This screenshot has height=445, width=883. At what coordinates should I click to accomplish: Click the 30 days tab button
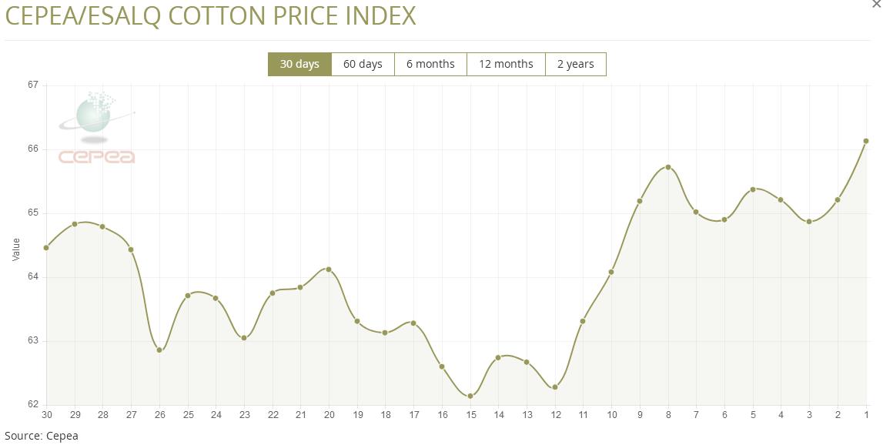299,64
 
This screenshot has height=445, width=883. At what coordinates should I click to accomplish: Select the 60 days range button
363,64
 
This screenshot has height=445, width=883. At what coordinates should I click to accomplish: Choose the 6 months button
430,64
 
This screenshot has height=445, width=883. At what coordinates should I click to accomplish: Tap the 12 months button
506,64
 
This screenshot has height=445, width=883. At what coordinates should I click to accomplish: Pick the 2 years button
576,64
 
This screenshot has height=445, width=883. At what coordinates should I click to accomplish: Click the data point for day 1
866,141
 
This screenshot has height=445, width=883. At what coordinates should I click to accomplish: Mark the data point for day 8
668,167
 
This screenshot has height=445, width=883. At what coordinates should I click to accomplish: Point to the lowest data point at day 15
470,396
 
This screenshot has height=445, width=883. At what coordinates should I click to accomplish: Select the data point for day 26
159,350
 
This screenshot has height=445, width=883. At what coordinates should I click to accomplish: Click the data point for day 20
329,269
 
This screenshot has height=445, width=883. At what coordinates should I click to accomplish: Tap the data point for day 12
555,387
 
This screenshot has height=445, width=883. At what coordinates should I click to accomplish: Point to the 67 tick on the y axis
33,85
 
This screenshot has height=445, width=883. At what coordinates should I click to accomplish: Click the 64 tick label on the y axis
33,276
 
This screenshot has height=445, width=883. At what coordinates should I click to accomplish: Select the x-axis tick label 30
46,415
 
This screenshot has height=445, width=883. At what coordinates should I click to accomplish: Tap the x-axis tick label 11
583,415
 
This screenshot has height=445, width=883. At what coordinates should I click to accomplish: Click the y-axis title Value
16,249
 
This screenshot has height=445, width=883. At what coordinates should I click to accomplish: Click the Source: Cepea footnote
42,436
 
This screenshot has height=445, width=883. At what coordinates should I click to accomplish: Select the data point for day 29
75,224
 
